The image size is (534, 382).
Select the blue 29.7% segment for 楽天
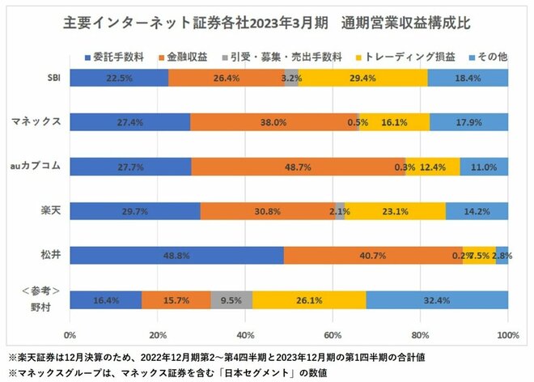pos(135,210)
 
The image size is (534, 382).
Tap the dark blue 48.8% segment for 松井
pos(176,255)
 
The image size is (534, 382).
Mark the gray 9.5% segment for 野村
pos(231,299)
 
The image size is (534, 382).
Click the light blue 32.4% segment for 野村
pos(437,299)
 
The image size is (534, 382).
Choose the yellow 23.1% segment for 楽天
pos(395,210)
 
